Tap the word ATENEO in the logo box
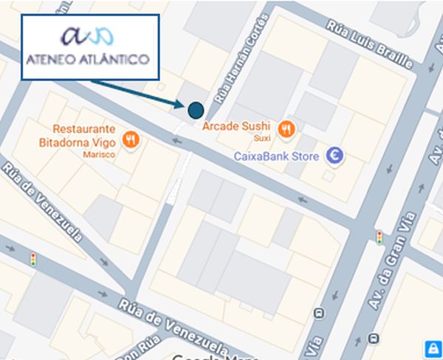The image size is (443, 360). pyautogui.click(x=52, y=59)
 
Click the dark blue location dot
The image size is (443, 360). pyautogui.click(x=196, y=111)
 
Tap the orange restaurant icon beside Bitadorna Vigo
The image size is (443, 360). pyautogui.click(x=131, y=139)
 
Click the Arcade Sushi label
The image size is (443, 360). pyautogui.click(x=236, y=125)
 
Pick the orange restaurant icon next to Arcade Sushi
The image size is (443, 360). pyautogui.click(x=287, y=130)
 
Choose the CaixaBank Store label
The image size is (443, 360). pyautogui.click(x=276, y=156)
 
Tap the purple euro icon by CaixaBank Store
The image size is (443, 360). pyautogui.click(x=336, y=156)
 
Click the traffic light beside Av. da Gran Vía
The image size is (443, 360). pyautogui.click(x=380, y=238)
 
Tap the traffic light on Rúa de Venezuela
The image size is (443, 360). pyautogui.click(x=32, y=259)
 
